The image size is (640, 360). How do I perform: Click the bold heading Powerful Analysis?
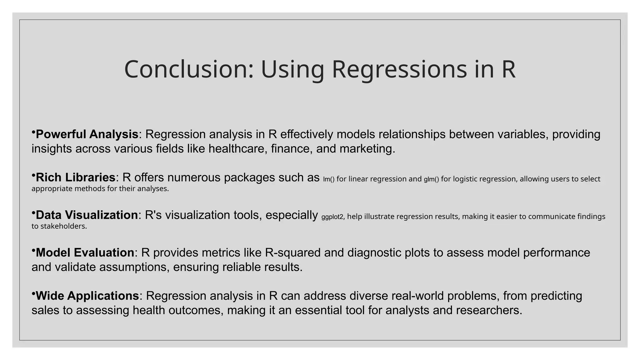pyautogui.click(x=87, y=134)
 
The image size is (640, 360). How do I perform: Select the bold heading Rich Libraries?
pyautogui.click(x=75, y=177)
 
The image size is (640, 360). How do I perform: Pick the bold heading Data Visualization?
pyautogui.click(x=87, y=215)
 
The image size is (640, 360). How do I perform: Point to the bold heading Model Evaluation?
pyautogui.click(x=85, y=252)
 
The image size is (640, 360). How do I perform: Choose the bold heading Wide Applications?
pyautogui.click(x=87, y=296)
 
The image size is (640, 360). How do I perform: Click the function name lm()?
pyautogui.click(x=328, y=179)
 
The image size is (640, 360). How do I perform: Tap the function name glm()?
pyautogui.click(x=431, y=179)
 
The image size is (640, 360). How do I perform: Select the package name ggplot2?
pyautogui.click(x=332, y=217)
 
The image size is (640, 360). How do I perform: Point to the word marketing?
pyautogui.click(x=367, y=149)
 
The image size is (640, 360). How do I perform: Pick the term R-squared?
pyautogui.click(x=292, y=252)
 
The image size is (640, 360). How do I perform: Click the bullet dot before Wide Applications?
pyautogui.click(x=33, y=293)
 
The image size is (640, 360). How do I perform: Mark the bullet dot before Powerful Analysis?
pyautogui.click(x=33, y=132)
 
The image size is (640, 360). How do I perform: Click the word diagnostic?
pyautogui.click(x=374, y=252)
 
